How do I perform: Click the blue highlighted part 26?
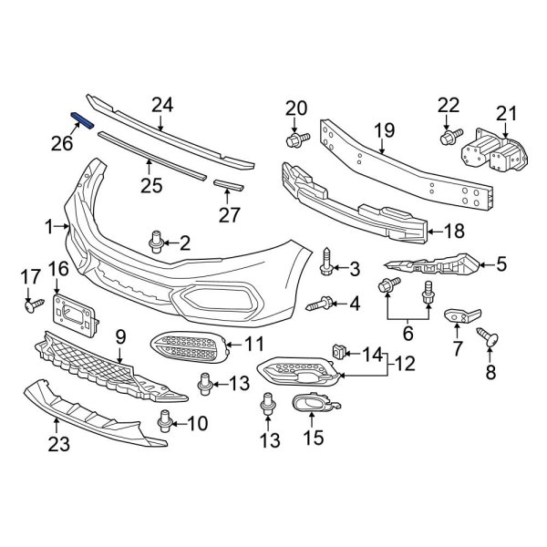82,121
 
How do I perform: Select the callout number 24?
161,106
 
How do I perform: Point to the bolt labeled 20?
297,139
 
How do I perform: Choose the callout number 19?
382,130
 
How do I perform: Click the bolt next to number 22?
449,138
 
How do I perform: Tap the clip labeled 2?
156,242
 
